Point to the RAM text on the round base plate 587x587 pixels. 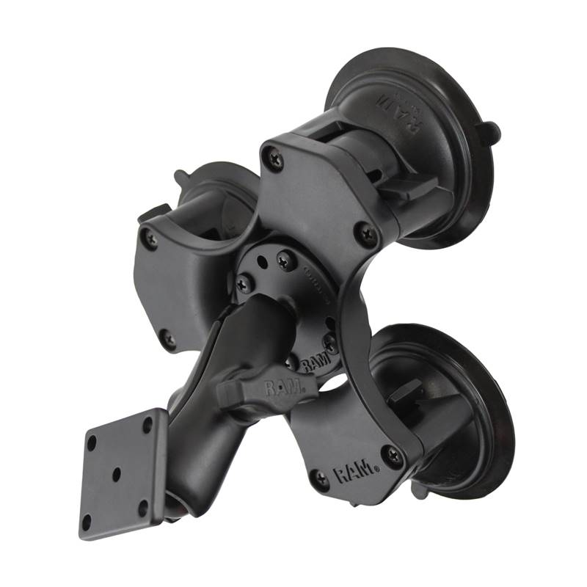tap(314, 360)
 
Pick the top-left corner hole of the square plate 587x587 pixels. tap(92, 443)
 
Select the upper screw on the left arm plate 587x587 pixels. tap(150, 237)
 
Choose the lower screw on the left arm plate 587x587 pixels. tap(169, 339)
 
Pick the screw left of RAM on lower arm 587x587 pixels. tap(321, 481)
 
